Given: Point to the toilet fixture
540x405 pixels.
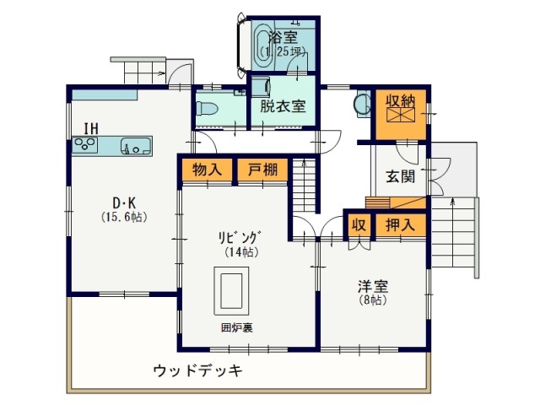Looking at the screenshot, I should [207, 108].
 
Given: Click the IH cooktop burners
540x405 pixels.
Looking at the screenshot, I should [85, 144].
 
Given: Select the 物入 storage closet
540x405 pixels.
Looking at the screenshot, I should [207, 170].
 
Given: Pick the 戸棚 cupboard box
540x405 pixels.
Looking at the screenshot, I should [262, 170].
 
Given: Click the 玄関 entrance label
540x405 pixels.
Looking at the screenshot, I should [400, 176].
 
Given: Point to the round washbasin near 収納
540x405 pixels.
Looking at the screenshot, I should [363, 104].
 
